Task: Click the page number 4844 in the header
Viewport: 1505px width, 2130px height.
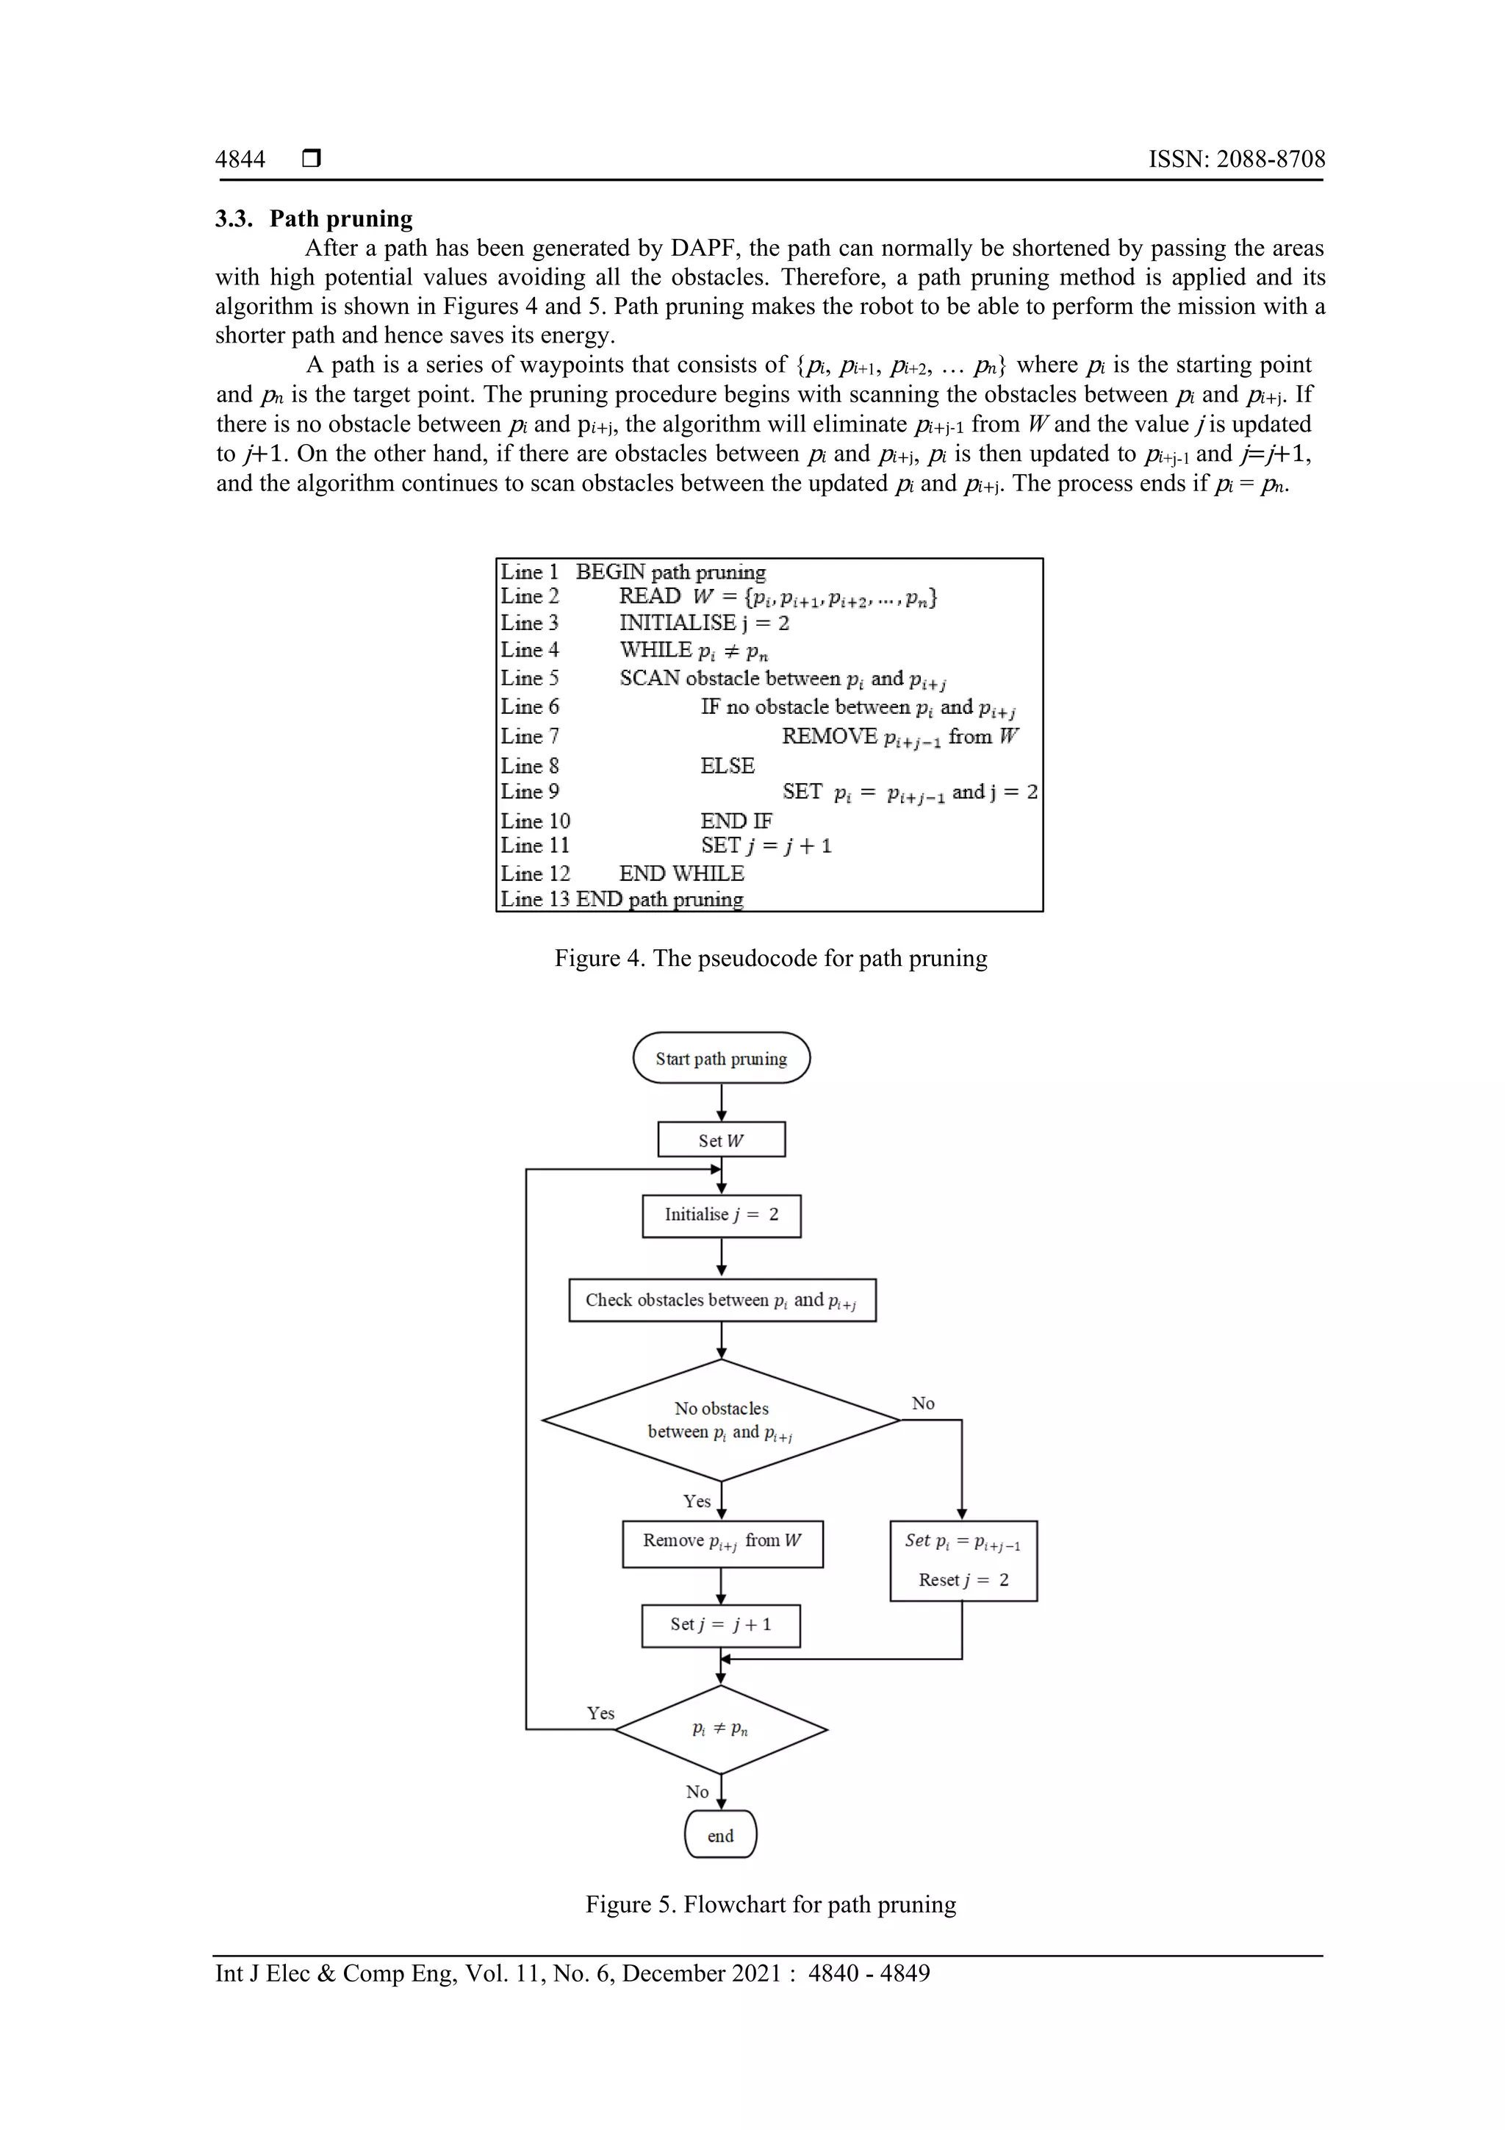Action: click(x=240, y=160)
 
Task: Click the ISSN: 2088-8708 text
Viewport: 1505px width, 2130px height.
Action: click(x=1236, y=160)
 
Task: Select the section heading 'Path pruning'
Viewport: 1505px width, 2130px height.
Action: click(x=340, y=219)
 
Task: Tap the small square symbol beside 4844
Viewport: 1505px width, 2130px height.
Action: click(x=312, y=159)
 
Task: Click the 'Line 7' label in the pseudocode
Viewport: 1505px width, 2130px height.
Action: click(x=530, y=737)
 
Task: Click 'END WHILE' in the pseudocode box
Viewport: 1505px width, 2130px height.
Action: click(x=681, y=874)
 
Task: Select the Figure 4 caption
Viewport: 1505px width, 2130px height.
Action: click(x=771, y=958)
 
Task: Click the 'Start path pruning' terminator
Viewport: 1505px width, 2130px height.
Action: click(x=722, y=1059)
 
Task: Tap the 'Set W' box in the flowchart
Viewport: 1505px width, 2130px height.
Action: click(x=722, y=1140)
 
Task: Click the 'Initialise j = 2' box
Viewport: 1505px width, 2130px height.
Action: click(x=722, y=1215)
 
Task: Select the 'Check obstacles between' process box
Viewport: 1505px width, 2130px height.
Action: click(x=722, y=1301)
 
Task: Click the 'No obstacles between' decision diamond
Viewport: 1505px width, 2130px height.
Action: click(x=722, y=1420)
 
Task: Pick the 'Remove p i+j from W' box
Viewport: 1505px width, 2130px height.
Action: click(x=722, y=1544)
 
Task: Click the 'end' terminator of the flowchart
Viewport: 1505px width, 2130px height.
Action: click(x=720, y=1836)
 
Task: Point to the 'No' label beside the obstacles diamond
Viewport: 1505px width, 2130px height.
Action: click(x=923, y=1404)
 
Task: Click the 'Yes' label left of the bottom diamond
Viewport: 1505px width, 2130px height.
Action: click(x=601, y=1713)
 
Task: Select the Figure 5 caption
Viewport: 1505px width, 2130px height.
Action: click(x=771, y=1904)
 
